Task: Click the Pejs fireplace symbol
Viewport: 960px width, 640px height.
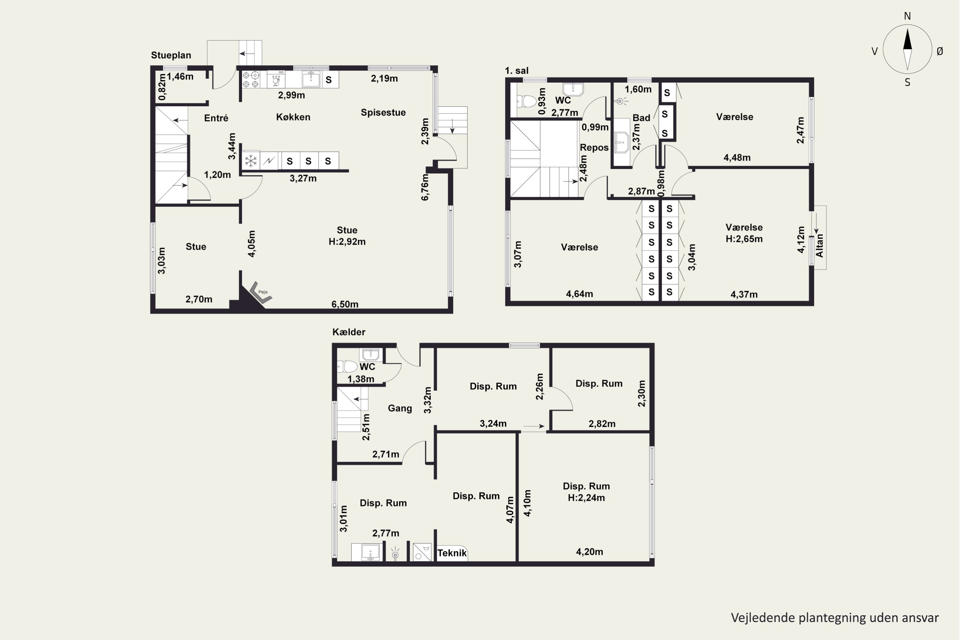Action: click(x=260, y=293)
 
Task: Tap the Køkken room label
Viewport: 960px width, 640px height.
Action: click(x=293, y=117)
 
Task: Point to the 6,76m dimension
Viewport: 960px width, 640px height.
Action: click(x=425, y=187)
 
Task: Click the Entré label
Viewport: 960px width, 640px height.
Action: click(x=216, y=118)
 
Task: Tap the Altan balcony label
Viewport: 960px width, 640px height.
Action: click(x=819, y=245)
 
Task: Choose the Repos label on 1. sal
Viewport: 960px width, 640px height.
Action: click(x=594, y=147)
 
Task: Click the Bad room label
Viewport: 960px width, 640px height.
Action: click(x=641, y=117)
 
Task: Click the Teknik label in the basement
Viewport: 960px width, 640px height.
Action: click(x=452, y=553)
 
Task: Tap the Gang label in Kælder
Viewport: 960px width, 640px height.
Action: click(x=400, y=408)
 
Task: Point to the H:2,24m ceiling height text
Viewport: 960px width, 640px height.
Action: click(x=586, y=498)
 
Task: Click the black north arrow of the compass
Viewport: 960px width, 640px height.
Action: click(x=907, y=39)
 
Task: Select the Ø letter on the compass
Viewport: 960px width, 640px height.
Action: click(x=940, y=51)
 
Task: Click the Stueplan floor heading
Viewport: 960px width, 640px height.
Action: click(x=171, y=55)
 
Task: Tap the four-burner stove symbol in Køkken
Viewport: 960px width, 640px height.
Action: click(x=251, y=80)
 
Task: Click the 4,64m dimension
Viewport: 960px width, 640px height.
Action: click(x=579, y=294)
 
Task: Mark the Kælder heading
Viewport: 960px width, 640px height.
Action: click(x=348, y=332)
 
